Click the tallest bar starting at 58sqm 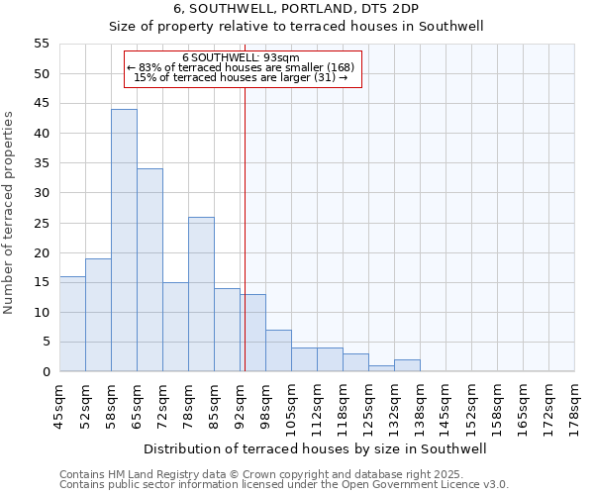[x=124, y=241]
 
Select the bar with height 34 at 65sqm [x=149, y=270]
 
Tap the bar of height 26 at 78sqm [x=201, y=294]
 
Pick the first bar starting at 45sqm [x=72, y=324]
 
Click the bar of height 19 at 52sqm [x=98, y=315]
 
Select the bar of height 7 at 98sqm [x=278, y=350]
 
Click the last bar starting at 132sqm [x=407, y=365]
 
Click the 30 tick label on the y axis [x=42, y=193]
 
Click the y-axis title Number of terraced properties [x=10, y=213]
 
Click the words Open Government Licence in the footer [x=399, y=484]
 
